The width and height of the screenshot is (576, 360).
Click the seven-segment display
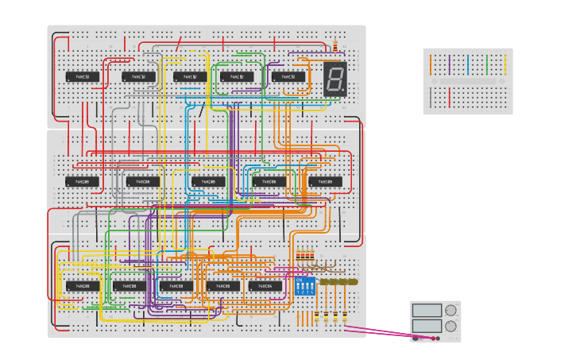click(334, 79)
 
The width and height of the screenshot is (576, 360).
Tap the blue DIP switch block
click(305, 286)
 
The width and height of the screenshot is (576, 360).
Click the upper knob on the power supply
click(450, 310)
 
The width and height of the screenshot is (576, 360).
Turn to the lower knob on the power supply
click(450, 326)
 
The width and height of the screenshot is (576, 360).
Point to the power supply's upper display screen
click(427, 310)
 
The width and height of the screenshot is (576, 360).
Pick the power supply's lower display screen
click(427, 326)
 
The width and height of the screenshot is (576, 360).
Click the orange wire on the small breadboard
click(431, 64)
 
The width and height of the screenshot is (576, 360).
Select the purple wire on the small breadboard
click(450, 64)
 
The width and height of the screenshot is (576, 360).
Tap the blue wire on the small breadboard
click(468, 64)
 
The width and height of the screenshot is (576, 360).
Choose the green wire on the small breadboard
click(487, 64)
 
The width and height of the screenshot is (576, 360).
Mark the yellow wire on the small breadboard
click(505, 64)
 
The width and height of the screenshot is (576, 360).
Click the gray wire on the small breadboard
click(431, 98)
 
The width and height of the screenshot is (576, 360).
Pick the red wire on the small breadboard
click(450, 98)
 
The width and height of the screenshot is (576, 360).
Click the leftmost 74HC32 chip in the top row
click(83, 77)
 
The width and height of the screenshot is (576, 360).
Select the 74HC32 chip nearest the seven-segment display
click(288, 77)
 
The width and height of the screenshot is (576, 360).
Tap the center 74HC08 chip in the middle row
click(208, 182)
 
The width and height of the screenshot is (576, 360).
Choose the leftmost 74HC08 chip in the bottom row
click(83, 286)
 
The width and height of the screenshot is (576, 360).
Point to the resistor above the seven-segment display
click(335, 45)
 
